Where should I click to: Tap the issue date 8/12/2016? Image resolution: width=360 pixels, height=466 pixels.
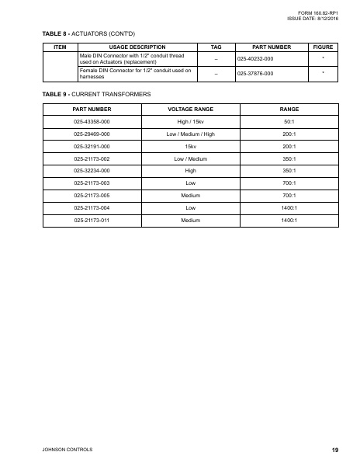314,19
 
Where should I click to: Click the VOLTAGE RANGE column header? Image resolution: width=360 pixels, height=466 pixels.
185,110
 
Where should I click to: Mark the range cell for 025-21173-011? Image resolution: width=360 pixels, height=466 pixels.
289,219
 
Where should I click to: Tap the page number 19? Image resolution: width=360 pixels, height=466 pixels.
334,448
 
